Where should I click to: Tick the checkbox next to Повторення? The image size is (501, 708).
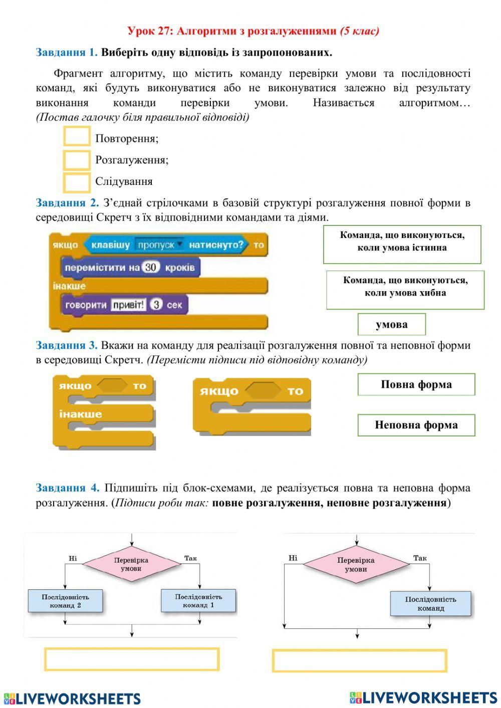[77, 137]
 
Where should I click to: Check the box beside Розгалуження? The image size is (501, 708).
[77, 160]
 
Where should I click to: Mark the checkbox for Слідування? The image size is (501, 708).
[77, 182]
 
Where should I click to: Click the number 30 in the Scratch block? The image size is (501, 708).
[150, 268]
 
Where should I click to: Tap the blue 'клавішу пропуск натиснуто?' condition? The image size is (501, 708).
[165, 245]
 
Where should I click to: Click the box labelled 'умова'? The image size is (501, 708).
[391, 324]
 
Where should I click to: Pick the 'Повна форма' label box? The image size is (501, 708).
[416, 384]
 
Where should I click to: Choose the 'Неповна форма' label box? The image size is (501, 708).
[416, 425]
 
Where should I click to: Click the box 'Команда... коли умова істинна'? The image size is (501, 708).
[402, 244]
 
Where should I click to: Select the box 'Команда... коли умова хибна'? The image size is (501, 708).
[405, 290]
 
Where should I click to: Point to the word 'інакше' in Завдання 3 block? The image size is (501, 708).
[80, 414]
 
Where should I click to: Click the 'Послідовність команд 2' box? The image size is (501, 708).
[65, 601]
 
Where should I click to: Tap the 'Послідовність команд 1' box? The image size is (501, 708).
[198, 601]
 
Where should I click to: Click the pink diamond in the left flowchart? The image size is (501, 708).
[131, 564]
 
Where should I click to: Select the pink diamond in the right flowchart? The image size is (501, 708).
[356, 565]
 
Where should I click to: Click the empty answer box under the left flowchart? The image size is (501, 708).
[132, 659]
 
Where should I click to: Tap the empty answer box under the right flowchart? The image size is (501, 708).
[359, 661]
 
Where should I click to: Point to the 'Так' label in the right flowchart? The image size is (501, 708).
[420, 558]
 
